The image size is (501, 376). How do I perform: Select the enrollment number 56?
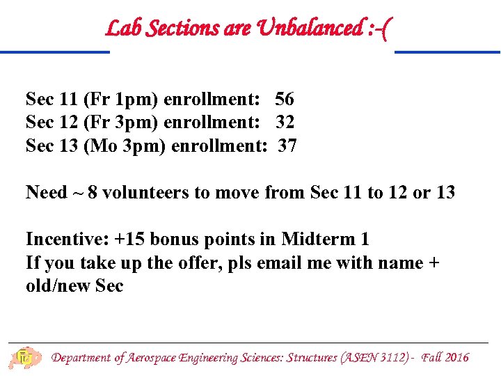[284, 99]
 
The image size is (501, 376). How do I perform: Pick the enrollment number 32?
[285, 123]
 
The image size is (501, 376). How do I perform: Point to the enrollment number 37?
[287, 146]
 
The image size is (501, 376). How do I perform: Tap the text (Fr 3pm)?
[120, 123]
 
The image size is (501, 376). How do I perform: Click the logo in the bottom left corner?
[23, 358]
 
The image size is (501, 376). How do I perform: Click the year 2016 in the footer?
[456, 358]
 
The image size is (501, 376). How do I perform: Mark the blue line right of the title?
[447, 52]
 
